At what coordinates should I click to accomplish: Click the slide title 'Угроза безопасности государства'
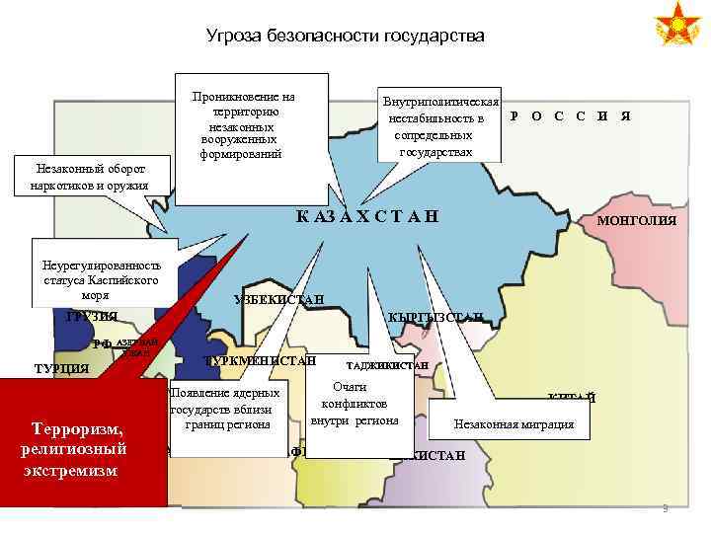coord(346,37)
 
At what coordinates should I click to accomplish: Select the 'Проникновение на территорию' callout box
coord(246,125)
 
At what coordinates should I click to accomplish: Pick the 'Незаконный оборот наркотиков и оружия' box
coord(90,177)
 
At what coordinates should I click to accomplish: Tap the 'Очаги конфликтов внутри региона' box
coord(354,405)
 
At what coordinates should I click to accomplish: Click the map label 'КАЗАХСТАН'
coord(366,217)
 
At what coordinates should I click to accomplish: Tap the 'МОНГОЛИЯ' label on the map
coord(637,221)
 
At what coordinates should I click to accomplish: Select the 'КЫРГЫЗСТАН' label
coord(434,316)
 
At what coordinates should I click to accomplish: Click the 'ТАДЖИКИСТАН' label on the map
coord(387,365)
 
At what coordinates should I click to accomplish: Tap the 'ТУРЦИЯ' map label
coord(61,369)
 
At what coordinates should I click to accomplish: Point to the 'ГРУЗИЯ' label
coord(92,316)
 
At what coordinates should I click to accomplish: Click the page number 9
coord(666,509)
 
